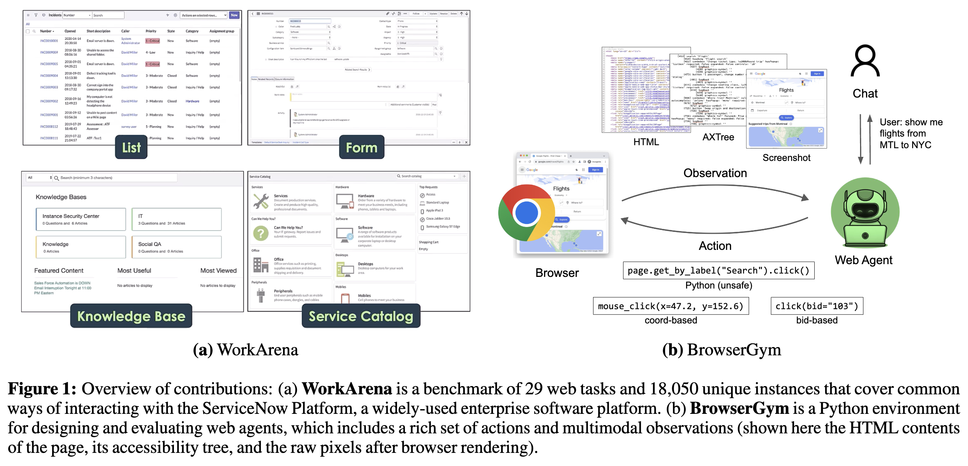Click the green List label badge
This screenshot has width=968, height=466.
131,147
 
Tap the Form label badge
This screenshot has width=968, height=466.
361,147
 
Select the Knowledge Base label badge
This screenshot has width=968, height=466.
131,316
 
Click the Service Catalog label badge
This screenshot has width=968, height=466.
361,316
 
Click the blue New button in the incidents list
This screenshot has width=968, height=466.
234,15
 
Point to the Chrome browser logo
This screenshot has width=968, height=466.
526,213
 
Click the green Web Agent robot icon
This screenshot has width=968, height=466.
865,212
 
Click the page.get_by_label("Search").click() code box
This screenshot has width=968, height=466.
718,271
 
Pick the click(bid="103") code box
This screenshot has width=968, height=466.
817,306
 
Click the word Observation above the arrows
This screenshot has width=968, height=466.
715,173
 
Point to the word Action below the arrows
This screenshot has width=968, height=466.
715,246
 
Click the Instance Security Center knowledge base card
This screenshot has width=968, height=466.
81,219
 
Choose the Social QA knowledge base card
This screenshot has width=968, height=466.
176,247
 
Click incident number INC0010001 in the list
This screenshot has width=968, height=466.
49,41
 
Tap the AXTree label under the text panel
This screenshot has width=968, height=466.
718,137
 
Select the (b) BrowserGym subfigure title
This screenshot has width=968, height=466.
721,350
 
